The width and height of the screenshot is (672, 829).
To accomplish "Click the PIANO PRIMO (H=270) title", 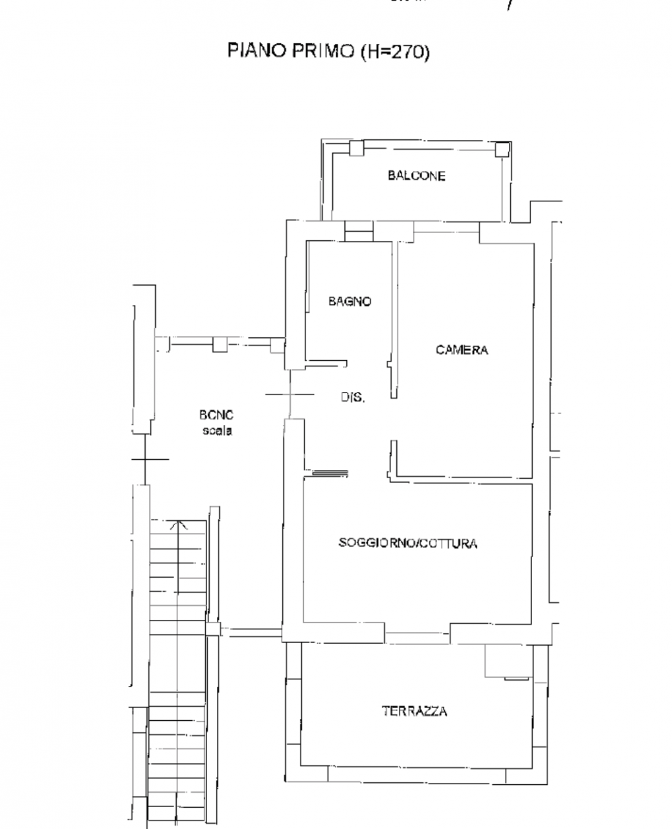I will point(328,52).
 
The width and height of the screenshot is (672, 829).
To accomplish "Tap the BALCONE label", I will point(416,176).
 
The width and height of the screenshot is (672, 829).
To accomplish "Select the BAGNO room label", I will point(350,301).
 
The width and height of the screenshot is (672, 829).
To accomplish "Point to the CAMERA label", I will point(462,350).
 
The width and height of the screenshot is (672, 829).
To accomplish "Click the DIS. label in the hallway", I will point(353,398).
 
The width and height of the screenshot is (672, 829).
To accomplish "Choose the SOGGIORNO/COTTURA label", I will point(408,543).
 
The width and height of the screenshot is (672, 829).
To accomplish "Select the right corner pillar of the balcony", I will point(502,150).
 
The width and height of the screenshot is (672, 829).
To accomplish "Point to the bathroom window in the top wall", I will point(359,231).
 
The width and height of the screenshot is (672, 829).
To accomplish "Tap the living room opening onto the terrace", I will point(420,636).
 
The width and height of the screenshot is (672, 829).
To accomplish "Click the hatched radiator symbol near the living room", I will point(330,473).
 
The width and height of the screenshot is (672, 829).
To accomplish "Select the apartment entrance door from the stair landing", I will point(290,394).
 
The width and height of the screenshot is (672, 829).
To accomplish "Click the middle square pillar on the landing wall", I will point(221,344).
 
